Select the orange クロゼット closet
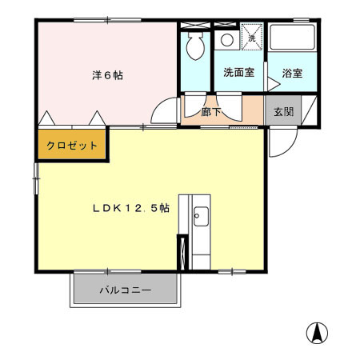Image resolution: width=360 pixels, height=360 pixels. (71, 146)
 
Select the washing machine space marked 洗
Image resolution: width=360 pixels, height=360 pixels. (250, 37)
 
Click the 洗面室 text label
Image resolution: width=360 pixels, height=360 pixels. (238, 73)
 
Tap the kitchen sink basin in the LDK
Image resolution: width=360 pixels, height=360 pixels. (200, 215)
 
